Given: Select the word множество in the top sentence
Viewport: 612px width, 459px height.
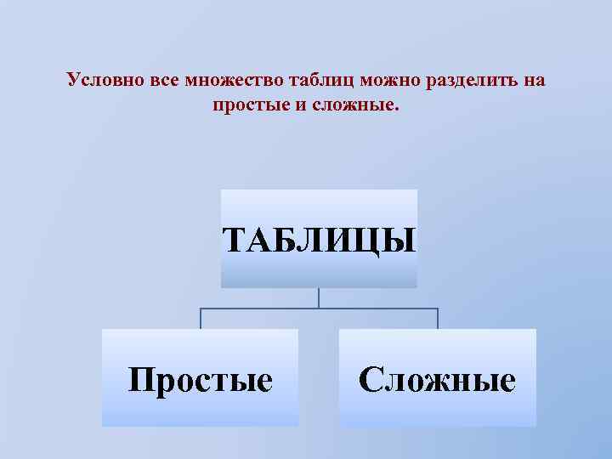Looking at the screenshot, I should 225,81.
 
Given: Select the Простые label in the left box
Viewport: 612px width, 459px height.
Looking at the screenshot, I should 201,379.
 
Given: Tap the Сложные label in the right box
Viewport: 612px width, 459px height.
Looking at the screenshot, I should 437,379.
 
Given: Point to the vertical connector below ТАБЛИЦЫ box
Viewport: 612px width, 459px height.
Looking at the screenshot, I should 319,297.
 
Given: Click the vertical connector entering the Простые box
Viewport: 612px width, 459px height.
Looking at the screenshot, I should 201,318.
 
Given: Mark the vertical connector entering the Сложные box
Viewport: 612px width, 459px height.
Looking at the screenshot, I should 437,318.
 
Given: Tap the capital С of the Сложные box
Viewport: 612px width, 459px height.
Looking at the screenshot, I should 371,379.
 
